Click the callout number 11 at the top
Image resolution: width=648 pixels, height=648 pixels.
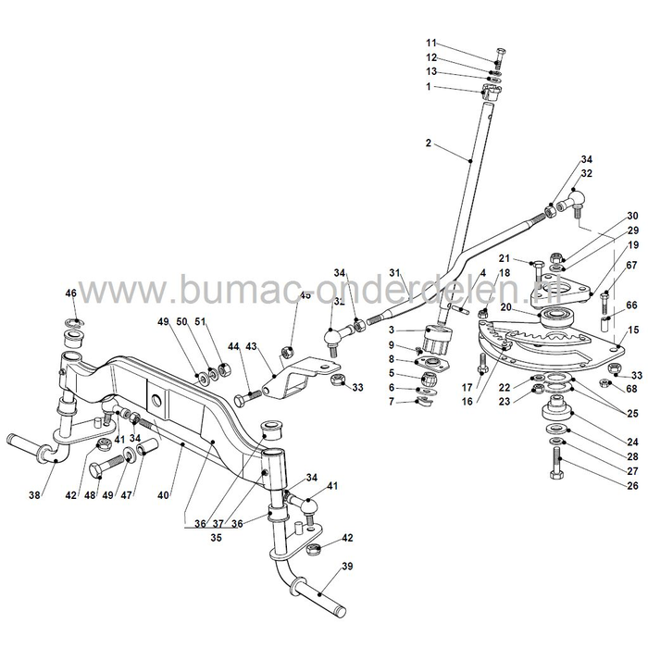[x=430, y=44]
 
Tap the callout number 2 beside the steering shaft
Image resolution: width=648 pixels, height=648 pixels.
[x=429, y=143]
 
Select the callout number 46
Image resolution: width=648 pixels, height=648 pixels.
[x=70, y=293]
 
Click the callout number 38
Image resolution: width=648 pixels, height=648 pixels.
[x=34, y=495]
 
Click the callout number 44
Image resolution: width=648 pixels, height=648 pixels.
[x=232, y=345]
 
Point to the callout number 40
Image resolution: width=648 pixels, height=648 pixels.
[x=163, y=495]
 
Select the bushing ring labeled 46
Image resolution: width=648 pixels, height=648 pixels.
[x=72, y=326]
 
